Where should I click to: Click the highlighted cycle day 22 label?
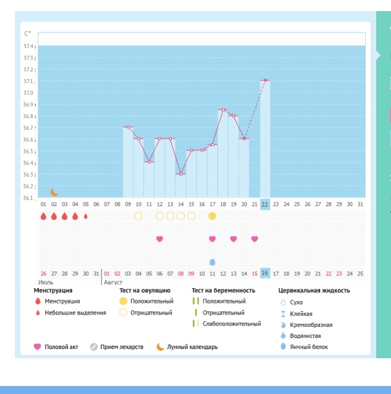tap(265, 204)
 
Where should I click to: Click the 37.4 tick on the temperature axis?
tap(29, 46)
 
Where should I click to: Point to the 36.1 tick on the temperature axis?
tap(29, 198)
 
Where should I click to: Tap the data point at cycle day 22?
tap(265, 80)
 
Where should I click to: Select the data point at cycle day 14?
tap(180, 174)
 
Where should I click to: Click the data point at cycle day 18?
tap(223, 110)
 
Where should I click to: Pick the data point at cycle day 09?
tap(128, 127)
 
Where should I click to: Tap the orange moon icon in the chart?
tap(54, 193)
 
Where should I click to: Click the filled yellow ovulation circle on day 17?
tap(212, 216)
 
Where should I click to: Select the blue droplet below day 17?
tap(212, 262)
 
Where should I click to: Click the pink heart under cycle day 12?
tap(159, 239)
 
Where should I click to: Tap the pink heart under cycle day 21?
tap(254, 239)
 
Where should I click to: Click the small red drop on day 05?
tap(86, 216)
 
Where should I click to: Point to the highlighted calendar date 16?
tap(265, 273)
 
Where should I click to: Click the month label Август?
tap(113, 283)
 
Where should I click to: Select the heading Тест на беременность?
tap(223, 290)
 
